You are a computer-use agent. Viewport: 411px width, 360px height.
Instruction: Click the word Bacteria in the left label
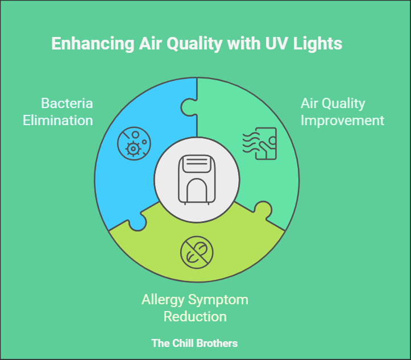click(67, 104)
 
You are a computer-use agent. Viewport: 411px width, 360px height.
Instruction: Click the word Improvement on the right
click(342, 120)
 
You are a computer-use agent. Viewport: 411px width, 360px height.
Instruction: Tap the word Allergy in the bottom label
click(165, 300)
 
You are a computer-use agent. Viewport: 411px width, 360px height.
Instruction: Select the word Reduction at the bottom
click(195, 316)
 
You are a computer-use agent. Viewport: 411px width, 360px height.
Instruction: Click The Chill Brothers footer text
click(194, 344)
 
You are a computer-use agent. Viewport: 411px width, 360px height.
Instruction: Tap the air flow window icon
click(259, 142)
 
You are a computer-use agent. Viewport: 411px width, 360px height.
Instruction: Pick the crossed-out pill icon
click(197, 253)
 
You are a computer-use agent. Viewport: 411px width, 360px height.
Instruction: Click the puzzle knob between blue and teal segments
click(188, 107)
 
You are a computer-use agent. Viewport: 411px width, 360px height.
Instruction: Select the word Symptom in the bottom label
click(220, 300)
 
